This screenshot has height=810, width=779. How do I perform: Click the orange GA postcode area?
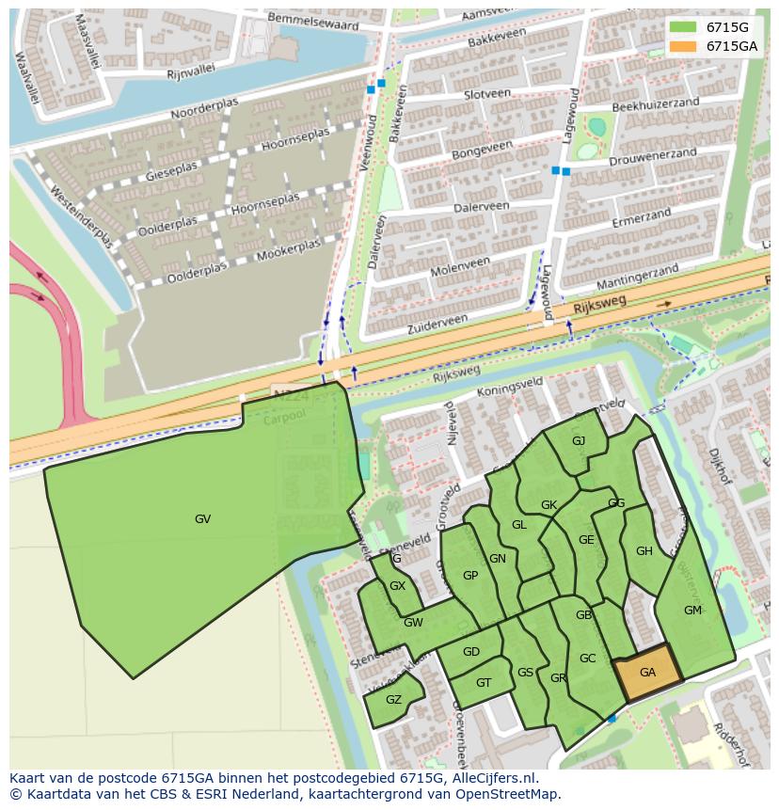(647, 673)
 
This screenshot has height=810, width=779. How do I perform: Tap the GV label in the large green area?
(202, 518)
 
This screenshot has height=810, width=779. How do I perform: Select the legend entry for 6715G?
(716, 27)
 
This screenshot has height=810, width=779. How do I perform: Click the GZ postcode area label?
(393, 699)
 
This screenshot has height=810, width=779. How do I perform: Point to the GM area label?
(692, 611)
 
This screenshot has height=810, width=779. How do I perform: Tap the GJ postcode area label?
(579, 441)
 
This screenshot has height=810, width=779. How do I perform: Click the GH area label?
(644, 551)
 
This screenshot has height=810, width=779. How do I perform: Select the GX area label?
(397, 586)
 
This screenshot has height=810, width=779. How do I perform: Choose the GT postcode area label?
(484, 683)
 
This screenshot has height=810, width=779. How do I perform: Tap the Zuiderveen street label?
(437, 326)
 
